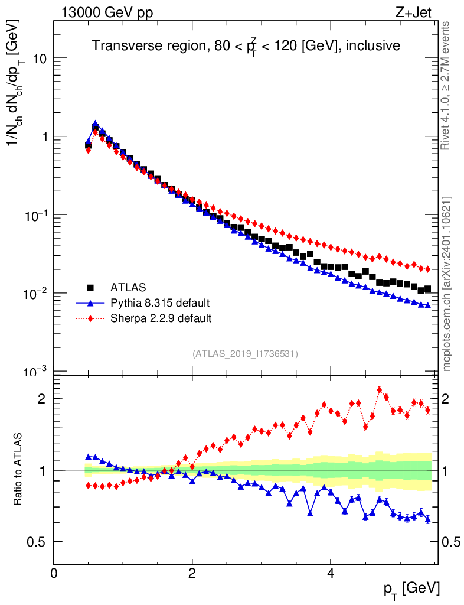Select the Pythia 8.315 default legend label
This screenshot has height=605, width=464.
159,303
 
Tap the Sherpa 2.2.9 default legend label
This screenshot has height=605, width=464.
161,318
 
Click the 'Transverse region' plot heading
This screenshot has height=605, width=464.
246,46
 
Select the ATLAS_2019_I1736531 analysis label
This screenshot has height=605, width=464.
245,354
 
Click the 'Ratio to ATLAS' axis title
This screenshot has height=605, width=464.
19,470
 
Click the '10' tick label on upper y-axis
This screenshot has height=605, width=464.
39,59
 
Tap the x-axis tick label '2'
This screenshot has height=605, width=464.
192,574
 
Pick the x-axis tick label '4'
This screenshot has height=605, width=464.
331,574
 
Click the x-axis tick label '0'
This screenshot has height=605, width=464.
54,574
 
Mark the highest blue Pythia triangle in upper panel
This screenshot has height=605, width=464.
95,124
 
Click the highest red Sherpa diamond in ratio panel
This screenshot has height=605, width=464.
380,390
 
